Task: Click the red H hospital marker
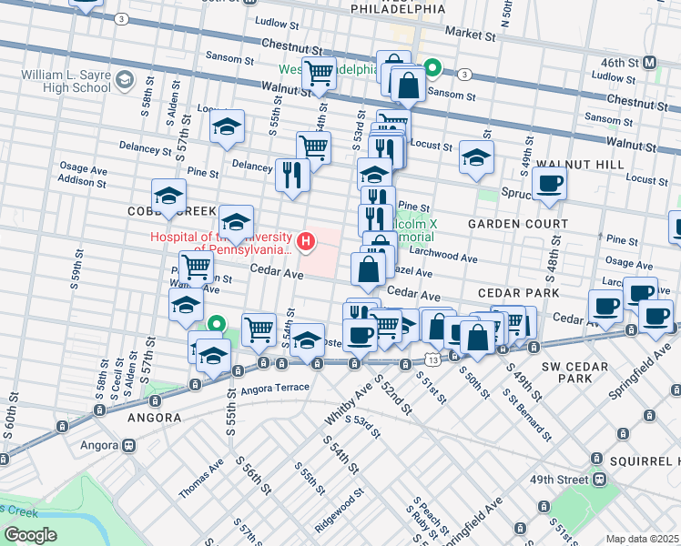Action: pyautogui.click(x=307, y=241)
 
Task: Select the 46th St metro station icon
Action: pyautogui.click(x=650, y=62)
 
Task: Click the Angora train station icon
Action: pyautogui.click(x=129, y=446)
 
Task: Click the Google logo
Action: pyautogui.click(x=30, y=535)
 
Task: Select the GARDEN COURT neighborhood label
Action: pyautogui.click(x=517, y=224)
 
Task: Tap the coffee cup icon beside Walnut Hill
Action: pyautogui.click(x=550, y=182)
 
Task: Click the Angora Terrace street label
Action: pyautogui.click(x=276, y=389)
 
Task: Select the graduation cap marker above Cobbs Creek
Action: pyautogui.click(x=168, y=196)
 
